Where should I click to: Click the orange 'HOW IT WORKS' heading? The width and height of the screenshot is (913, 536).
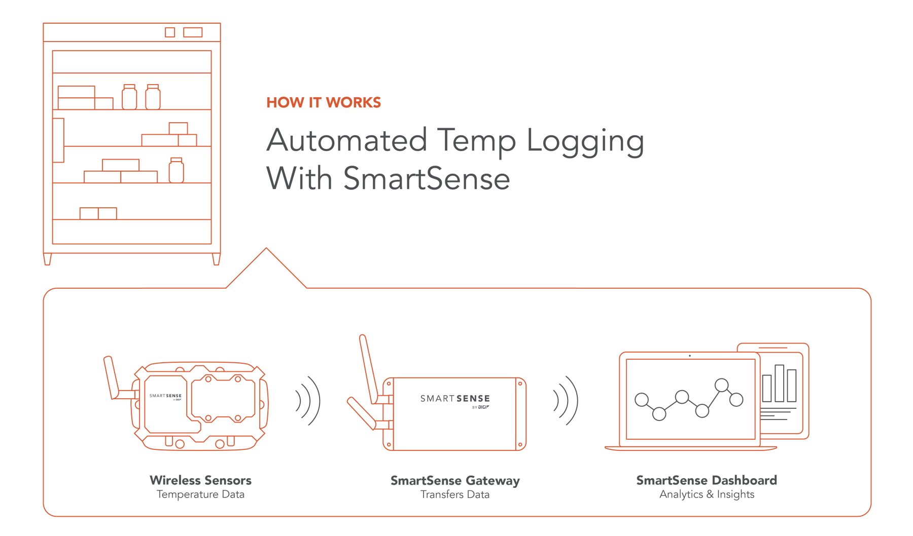pyautogui.click(x=324, y=102)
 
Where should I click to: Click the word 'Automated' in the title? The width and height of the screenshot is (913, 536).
pyautogui.click(x=346, y=141)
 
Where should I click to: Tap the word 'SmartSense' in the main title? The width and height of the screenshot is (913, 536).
pyautogui.click(x=426, y=179)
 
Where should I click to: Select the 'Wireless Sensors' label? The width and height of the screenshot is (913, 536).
pyautogui.click(x=200, y=480)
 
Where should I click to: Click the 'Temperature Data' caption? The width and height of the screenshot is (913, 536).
pyautogui.click(x=200, y=494)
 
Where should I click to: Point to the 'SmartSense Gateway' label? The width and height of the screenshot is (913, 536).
pyautogui.click(x=455, y=480)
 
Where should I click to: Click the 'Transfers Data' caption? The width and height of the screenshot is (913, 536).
pyautogui.click(x=455, y=494)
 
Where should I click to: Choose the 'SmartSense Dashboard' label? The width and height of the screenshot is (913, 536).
pyautogui.click(x=707, y=480)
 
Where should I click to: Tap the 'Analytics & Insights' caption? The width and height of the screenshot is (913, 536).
pyautogui.click(x=707, y=494)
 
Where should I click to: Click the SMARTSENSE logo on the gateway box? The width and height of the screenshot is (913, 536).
pyautogui.click(x=455, y=399)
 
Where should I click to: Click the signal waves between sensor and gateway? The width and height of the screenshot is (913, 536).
pyautogui.click(x=308, y=401)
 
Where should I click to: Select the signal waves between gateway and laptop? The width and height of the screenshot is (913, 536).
pyautogui.click(x=566, y=401)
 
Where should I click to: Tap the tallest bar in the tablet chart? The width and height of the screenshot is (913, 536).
pyautogui.click(x=780, y=383)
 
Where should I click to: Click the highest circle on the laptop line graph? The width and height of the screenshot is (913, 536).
pyautogui.click(x=721, y=385)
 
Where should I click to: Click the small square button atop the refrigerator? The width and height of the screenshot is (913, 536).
pyautogui.click(x=170, y=32)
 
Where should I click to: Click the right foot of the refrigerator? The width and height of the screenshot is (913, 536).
pyautogui.click(x=216, y=259)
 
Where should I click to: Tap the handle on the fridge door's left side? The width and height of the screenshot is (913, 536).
pyautogui.click(x=58, y=140)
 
